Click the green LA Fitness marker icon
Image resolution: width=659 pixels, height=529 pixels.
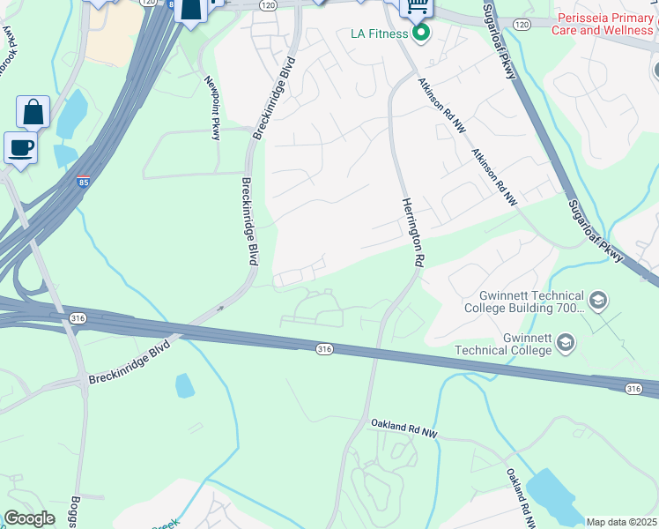pos(421,34)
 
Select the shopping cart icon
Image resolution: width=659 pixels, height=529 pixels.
pos(416,7)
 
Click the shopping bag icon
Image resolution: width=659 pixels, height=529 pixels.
pos(33,112)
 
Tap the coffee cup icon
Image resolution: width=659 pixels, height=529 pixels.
pos(20,147)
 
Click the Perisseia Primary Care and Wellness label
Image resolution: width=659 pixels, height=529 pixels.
pos(603,24)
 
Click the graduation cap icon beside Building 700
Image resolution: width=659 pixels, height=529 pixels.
pos(598,302)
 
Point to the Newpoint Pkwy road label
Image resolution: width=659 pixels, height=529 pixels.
pos(212,108)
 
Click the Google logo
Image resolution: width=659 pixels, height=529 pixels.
pos(29,518)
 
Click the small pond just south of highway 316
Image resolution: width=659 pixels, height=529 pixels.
pos(184,385)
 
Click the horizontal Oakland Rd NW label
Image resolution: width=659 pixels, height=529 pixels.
pos(404,428)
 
